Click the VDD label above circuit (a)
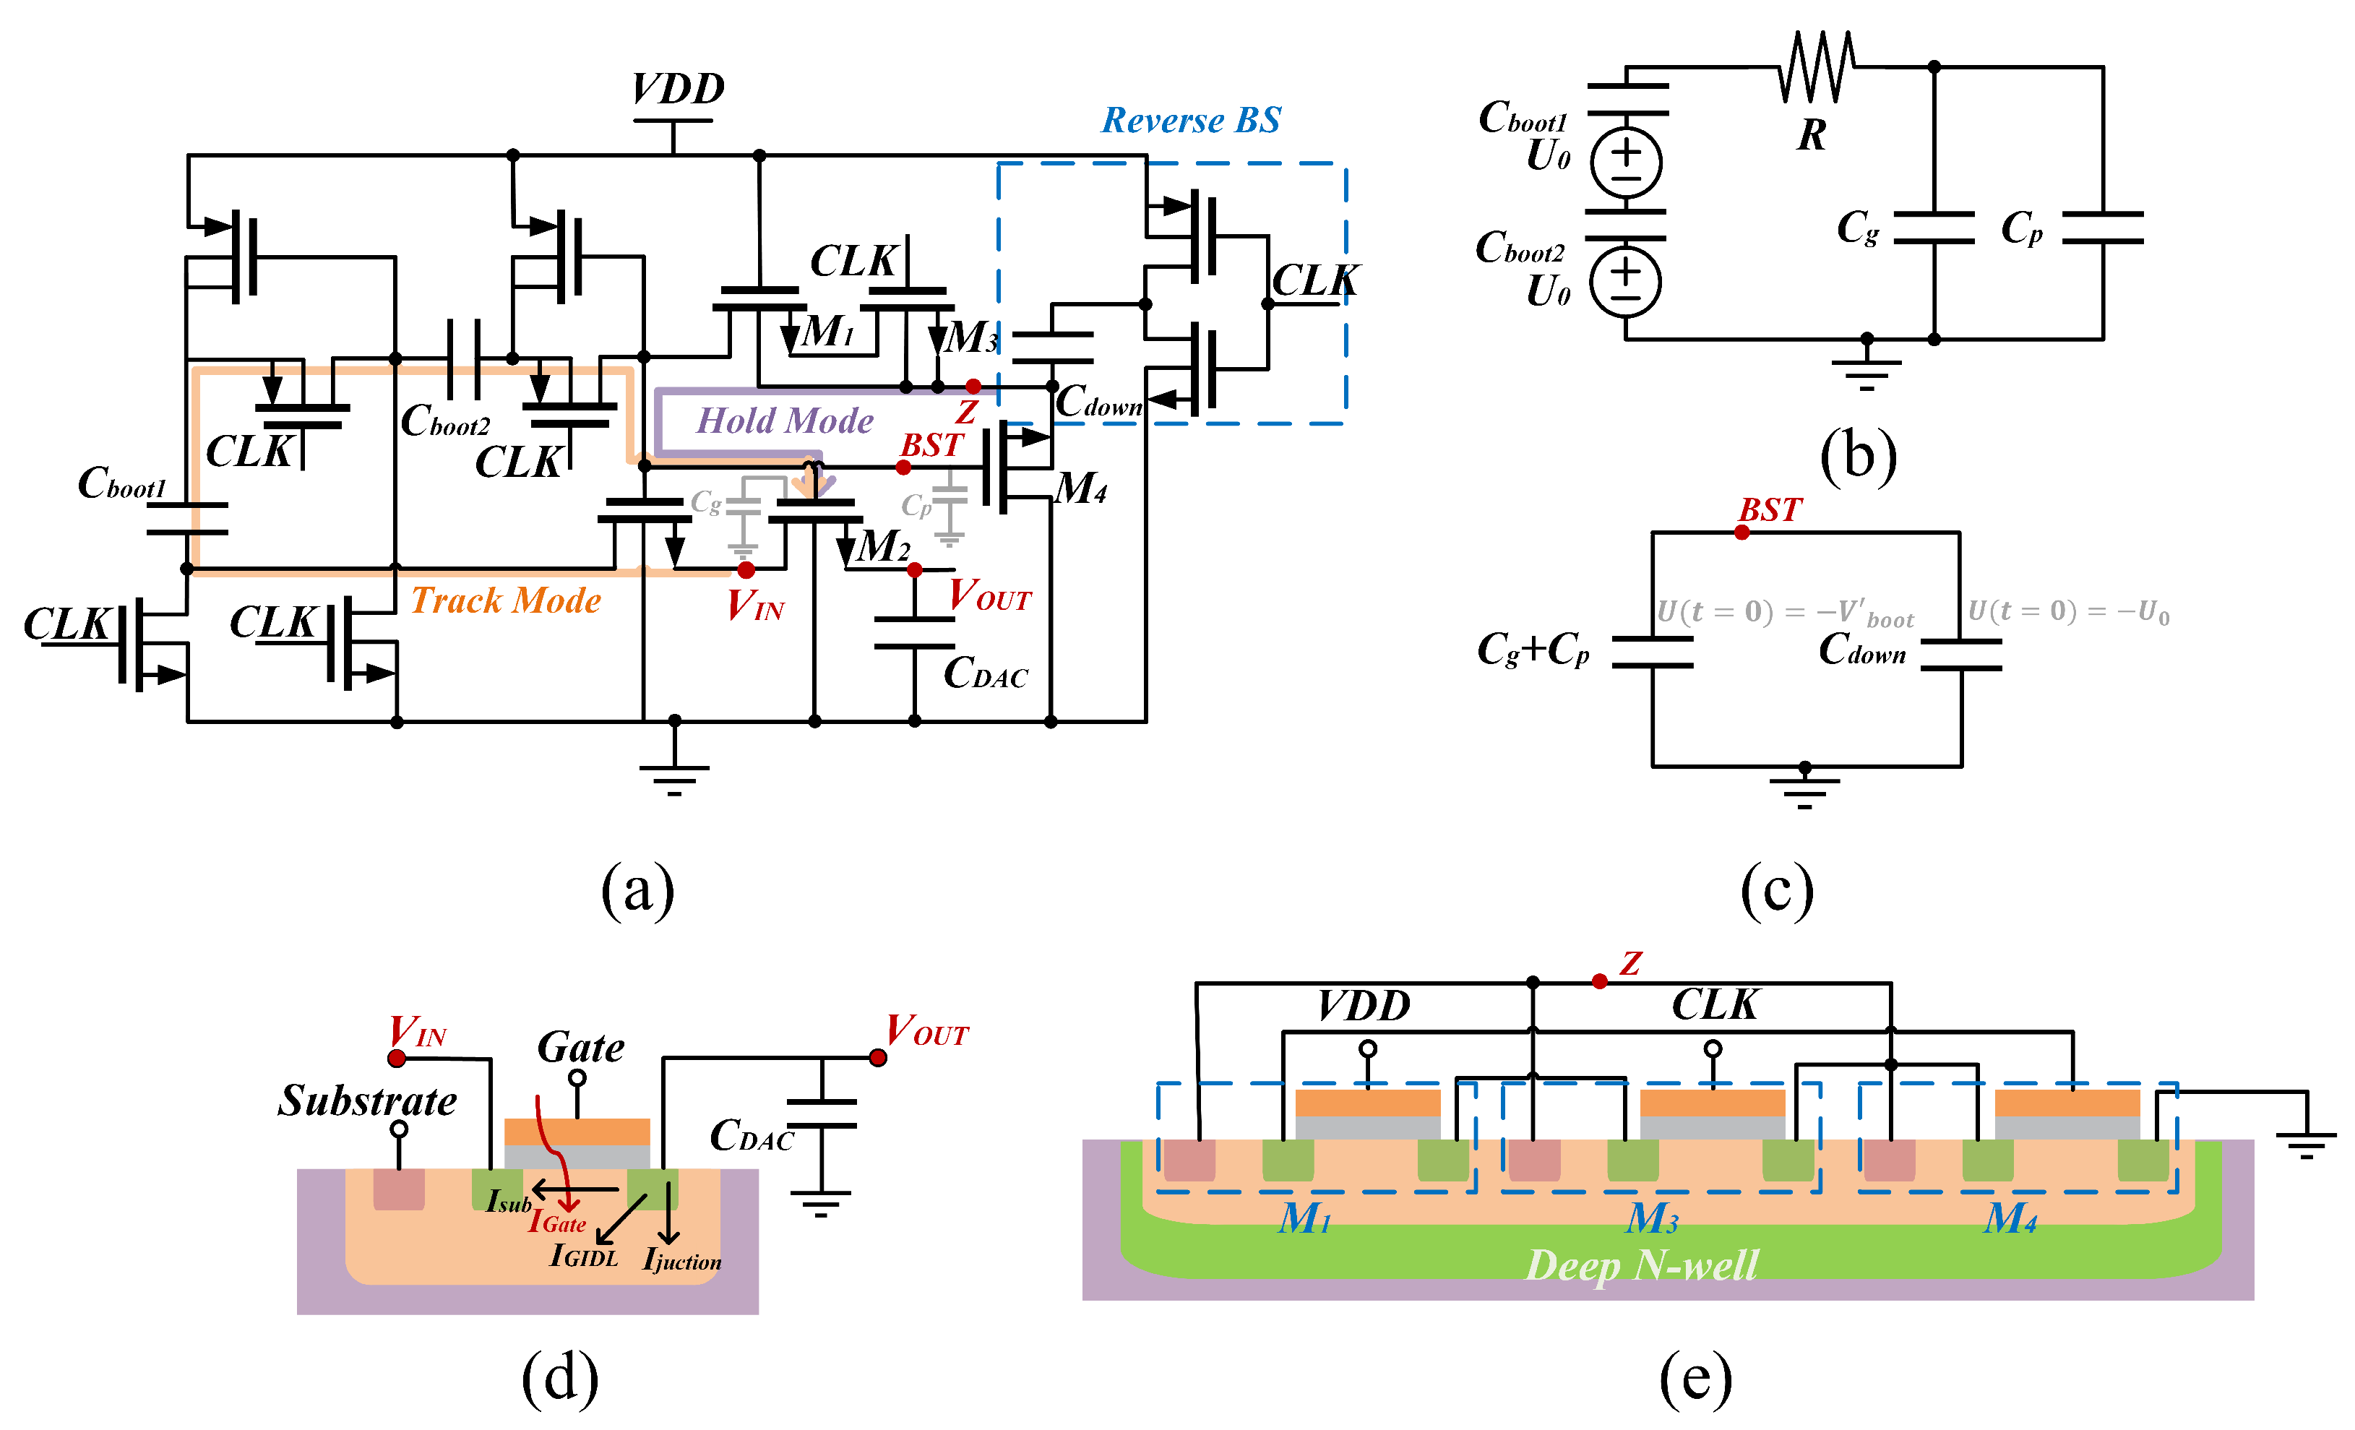click(678, 89)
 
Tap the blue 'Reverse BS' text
click(1191, 121)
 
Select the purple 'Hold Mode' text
click(784, 421)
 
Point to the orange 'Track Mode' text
click(506, 600)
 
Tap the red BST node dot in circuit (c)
click(1742, 533)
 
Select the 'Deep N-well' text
click(1641, 1265)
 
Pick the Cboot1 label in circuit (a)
click(121, 483)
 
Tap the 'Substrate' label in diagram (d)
click(367, 1101)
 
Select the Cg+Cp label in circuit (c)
click(1533, 649)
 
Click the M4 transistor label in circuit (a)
click(1080, 488)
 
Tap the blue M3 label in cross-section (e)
click(1652, 1218)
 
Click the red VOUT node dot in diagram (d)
click(877, 1057)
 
